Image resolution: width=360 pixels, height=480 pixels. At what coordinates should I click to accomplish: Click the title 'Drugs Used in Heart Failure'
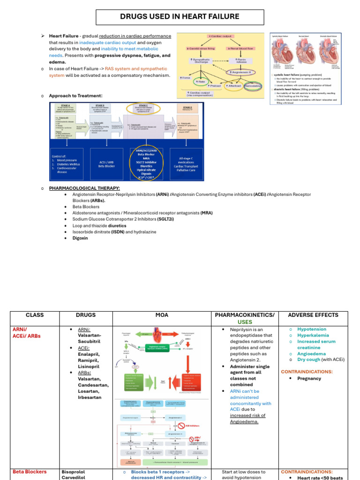[x=180, y=17]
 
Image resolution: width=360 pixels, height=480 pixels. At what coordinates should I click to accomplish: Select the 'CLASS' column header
[x=35, y=315]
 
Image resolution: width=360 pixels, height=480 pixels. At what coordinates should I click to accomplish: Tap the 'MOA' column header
[x=162, y=315]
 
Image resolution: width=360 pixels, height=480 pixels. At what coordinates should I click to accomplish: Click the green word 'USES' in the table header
[x=244, y=322]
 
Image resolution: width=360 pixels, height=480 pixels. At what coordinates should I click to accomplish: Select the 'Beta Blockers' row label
[x=30, y=472]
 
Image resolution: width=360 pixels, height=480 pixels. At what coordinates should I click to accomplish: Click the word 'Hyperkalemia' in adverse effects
[x=313, y=336]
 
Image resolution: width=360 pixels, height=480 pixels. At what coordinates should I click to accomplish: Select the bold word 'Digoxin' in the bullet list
[x=81, y=238]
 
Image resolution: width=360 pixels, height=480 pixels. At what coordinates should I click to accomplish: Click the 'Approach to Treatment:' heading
[x=75, y=96]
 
